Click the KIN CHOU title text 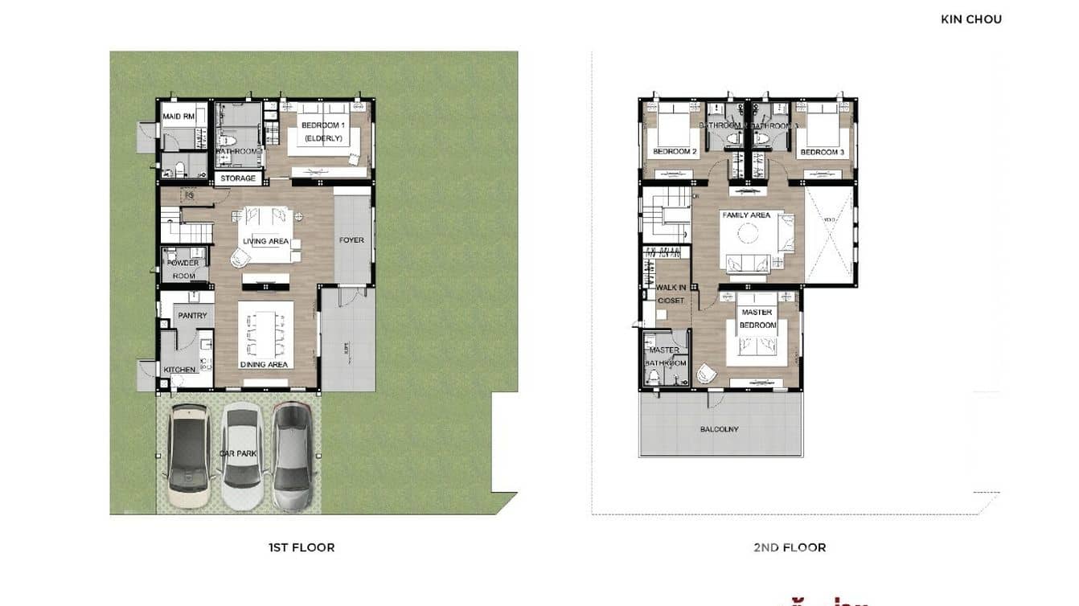click(x=970, y=19)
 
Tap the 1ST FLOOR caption click(x=302, y=547)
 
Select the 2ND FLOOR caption click(x=790, y=547)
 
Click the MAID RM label click(x=178, y=117)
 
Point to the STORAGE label click(x=238, y=178)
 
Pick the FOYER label click(x=351, y=240)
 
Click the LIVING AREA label click(x=266, y=241)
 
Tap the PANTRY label click(x=192, y=316)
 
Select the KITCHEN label click(x=179, y=370)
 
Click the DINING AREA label click(x=264, y=365)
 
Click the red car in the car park click(x=293, y=457)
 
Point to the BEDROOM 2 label click(x=675, y=152)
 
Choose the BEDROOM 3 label click(x=822, y=152)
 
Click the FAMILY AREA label click(x=746, y=215)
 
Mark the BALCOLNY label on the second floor click(x=719, y=429)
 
